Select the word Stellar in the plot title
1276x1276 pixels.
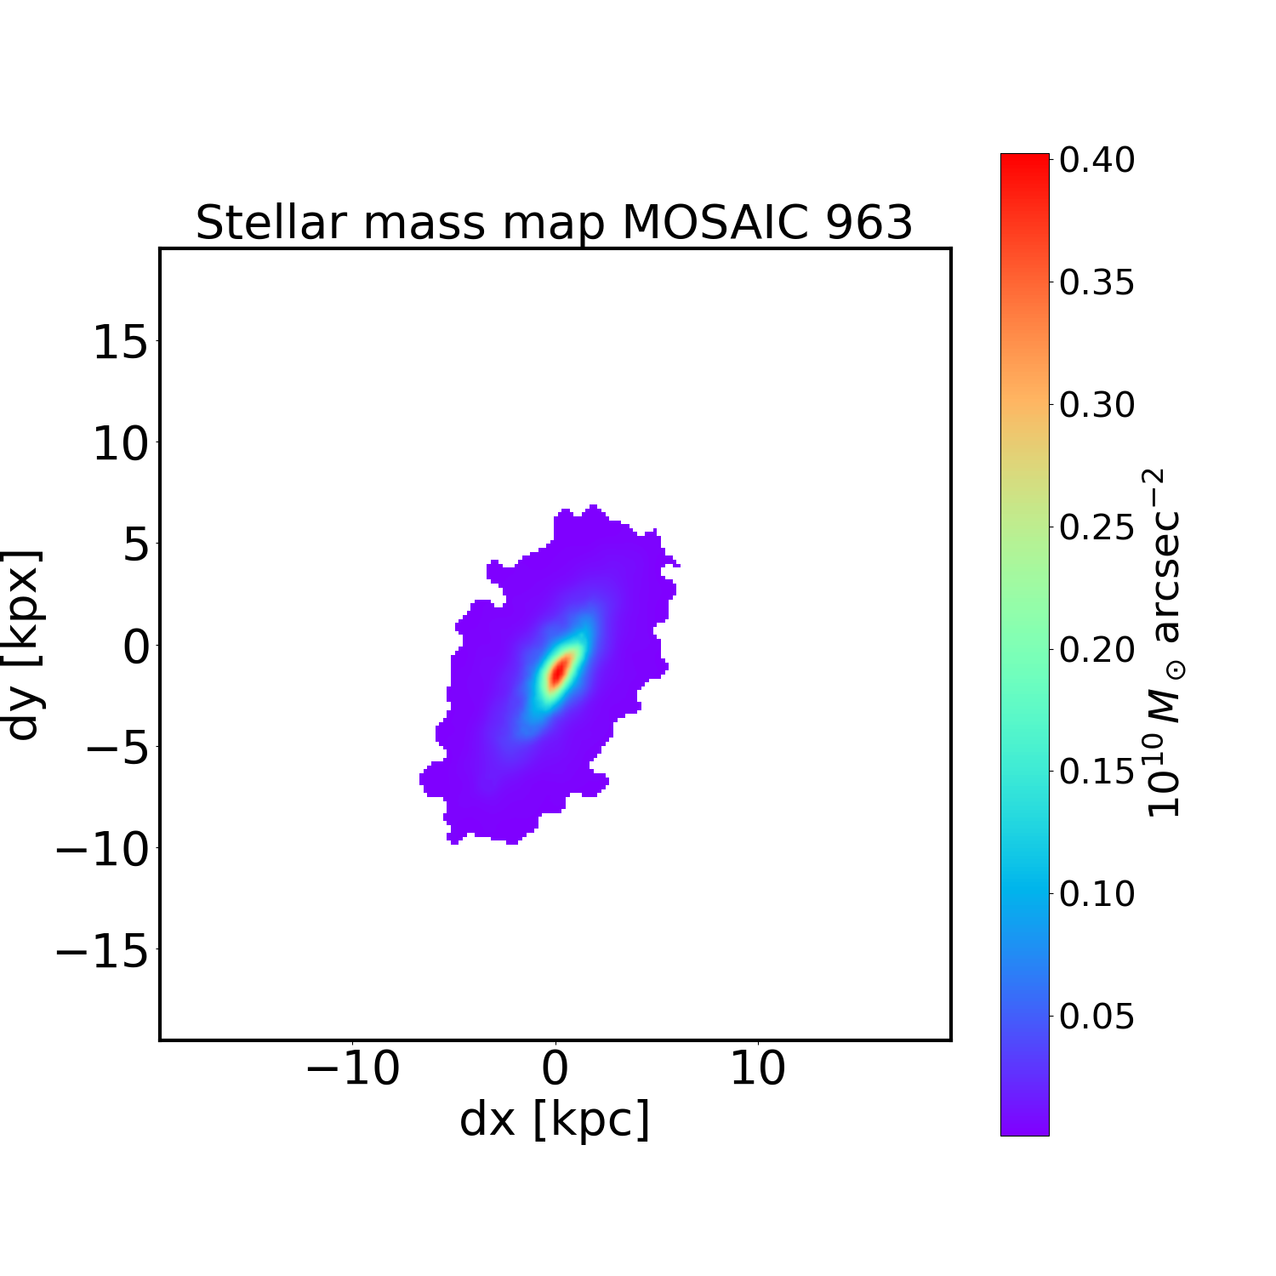[x=272, y=223]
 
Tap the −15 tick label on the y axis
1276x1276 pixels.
[x=102, y=951]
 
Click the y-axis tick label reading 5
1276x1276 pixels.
[x=136, y=545]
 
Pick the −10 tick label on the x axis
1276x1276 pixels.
[x=352, y=1068]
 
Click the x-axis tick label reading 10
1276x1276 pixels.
[x=758, y=1068]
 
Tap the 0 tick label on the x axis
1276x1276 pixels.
[x=555, y=1068]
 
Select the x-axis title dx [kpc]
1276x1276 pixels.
[x=555, y=1119]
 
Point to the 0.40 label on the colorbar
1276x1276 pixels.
[x=1097, y=161]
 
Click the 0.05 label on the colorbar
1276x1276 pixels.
[x=1097, y=1016]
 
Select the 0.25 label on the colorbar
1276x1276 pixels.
[x=1097, y=527]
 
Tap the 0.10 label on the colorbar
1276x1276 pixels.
[x=1097, y=894]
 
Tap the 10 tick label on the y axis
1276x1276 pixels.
[x=120, y=444]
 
